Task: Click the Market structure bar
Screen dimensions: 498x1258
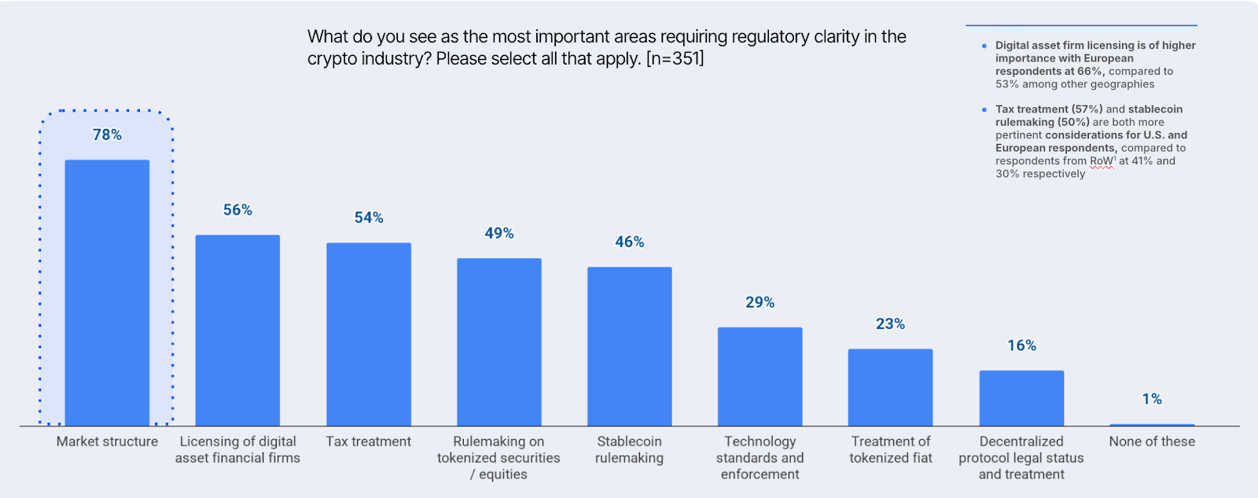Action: pyautogui.click(x=107, y=293)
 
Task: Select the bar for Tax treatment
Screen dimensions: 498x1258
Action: pyautogui.click(x=369, y=334)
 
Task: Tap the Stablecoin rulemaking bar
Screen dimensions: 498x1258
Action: pyautogui.click(x=629, y=346)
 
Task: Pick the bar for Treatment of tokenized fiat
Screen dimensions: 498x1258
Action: pyautogui.click(x=890, y=387)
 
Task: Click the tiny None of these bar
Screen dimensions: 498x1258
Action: pyautogui.click(x=1152, y=425)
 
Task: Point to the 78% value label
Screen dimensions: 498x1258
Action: pyautogui.click(x=107, y=135)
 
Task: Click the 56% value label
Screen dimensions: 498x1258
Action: pyautogui.click(x=237, y=210)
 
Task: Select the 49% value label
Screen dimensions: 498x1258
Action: pyautogui.click(x=498, y=234)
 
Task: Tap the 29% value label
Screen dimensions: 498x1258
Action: pyautogui.click(x=760, y=303)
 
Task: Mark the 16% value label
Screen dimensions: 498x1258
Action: pyautogui.click(x=1021, y=346)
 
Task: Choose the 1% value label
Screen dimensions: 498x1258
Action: pyautogui.click(x=1152, y=400)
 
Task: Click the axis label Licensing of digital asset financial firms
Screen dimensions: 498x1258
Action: pyautogui.click(x=237, y=450)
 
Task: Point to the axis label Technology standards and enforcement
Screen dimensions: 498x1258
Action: pyautogui.click(x=760, y=458)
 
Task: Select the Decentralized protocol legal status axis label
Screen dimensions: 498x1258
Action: pyautogui.click(x=1021, y=458)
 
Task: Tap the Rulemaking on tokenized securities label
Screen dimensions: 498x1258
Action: pyautogui.click(x=498, y=458)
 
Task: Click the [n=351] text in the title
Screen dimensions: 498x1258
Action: pyautogui.click(x=675, y=59)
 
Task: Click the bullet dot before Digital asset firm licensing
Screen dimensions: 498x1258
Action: pyautogui.click(x=984, y=46)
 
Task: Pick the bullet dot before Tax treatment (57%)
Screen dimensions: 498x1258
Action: pyautogui.click(x=984, y=109)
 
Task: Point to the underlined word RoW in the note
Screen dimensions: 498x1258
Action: pyautogui.click(x=1100, y=161)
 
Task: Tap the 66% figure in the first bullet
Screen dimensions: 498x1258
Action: pyautogui.click(x=1090, y=72)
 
